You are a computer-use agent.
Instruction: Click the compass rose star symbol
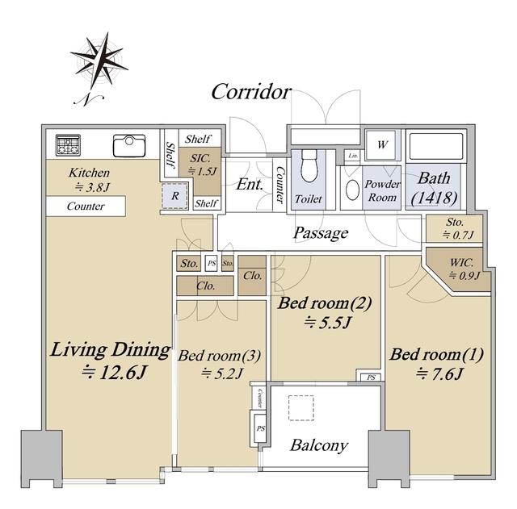tap(99, 62)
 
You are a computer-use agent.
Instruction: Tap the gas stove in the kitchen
tap(68, 145)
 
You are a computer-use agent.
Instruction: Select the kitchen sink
tap(129, 145)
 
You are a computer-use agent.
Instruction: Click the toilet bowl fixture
tap(309, 167)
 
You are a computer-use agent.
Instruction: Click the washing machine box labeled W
tap(382, 145)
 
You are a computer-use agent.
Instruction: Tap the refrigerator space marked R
tap(174, 195)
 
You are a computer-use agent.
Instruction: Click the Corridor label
tap(251, 92)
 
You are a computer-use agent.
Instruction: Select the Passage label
tap(321, 233)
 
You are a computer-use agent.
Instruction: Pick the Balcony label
tap(319, 445)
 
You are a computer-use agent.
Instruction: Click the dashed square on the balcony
tap(301, 407)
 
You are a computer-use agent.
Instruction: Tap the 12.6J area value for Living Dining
tap(114, 373)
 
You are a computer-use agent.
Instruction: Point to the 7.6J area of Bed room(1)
tap(439, 374)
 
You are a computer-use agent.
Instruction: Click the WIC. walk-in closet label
tap(461, 263)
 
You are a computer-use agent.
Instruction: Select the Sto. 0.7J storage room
tap(454, 228)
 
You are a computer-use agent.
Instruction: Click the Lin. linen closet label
tap(353, 156)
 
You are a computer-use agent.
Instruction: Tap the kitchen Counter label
tap(86, 207)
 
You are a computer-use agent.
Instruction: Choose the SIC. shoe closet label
tap(200, 158)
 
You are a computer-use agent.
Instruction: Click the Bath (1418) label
tap(435, 188)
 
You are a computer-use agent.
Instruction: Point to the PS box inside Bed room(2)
tap(372, 378)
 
